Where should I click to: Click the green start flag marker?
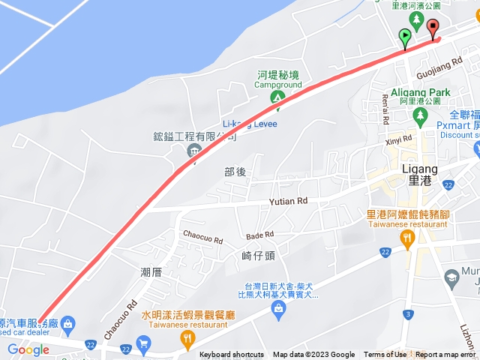[x=405, y=35]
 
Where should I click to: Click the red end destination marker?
[x=433, y=28]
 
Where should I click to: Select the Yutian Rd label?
[x=289, y=202]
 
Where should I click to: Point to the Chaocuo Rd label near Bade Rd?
[x=203, y=240]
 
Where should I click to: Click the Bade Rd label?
[x=258, y=235]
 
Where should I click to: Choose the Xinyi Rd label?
[x=399, y=139]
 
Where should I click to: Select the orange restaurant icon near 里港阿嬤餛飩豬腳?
[x=407, y=239]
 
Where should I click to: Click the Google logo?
[x=28, y=349]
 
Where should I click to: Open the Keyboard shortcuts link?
[x=232, y=355]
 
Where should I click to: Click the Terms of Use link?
[x=385, y=355]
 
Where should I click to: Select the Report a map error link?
[x=447, y=355]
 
